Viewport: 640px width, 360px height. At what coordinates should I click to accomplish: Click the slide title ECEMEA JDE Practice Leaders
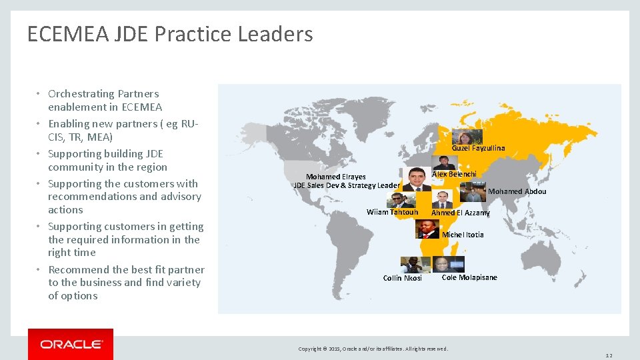pyautogui.click(x=170, y=34)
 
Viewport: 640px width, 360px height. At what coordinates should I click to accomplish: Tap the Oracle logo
pyautogui.click(x=71, y=344)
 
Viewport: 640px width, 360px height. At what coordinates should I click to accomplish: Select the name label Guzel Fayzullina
pyautogui.click(x=478, y=148)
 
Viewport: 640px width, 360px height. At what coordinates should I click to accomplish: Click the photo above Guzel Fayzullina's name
pyautogui.click(x=467, y=137)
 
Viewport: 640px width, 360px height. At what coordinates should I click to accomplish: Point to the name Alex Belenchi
pyautogui.click(x=454, y=174)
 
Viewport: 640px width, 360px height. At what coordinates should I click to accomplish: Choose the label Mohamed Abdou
pyautogui.click(x=517, y=191)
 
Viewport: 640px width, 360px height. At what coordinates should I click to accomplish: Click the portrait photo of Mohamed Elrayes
pyautogui.click(x=417, y=179)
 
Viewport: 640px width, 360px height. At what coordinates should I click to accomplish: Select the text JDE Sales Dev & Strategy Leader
pyautogui.click(x=347, y=185)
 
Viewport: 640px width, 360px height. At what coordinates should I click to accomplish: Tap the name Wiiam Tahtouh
pyautogui.click(x=392, y=212)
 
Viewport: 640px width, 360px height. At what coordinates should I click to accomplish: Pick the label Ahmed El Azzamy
pyautogui.click(x=460, y=213)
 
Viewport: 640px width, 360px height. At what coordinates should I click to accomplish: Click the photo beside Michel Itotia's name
pyautogui.click(x=427, y=229)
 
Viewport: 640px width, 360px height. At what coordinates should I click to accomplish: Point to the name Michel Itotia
pyautogui.click(x=463, y=235)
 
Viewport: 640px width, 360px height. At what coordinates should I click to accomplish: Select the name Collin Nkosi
pyautogui.click(x=402, y=278)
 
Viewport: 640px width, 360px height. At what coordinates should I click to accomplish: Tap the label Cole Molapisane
pyautogui.click(x=469, y=277)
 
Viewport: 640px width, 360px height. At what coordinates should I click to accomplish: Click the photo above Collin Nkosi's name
pyautogui.click(x=415, y=265)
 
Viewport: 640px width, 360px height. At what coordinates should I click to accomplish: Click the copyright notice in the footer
pyautogui.click(x=373, y=349)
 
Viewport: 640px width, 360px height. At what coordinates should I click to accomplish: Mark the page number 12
pyautogui.click(x=609, y=355)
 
